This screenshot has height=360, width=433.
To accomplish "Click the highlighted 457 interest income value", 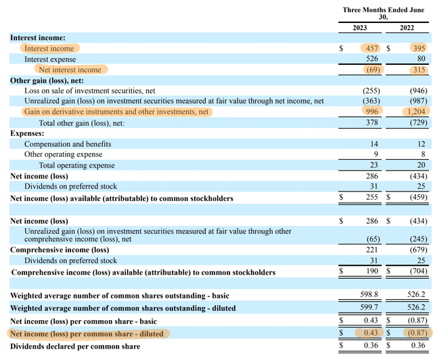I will (370, 49).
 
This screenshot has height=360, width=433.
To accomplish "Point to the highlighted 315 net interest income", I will (416, 70).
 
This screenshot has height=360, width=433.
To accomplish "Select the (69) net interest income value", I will (370, 70).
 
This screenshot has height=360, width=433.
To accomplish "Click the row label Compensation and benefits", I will (68, 144).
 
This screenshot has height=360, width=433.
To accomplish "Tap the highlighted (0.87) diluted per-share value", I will (415, 334).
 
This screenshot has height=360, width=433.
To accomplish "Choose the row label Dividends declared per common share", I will (76, 346).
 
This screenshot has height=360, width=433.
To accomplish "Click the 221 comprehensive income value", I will (372, 250).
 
